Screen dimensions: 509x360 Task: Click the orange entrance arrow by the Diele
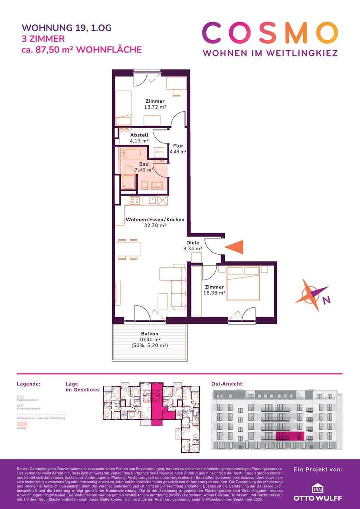click(234, 247)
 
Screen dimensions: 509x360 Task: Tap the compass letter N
click(326, 300)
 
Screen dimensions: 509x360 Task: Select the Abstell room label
click(139, 135)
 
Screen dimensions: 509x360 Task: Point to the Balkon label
click(150, 334)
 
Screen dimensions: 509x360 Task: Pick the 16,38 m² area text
click(215, 293)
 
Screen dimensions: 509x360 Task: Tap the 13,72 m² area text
click(156, 107)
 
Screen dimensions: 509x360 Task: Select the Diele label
click(193, 243)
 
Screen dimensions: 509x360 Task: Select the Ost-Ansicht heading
click(228, 384)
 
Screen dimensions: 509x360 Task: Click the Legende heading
click(28, 384)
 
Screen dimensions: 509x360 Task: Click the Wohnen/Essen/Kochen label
click(155, 220)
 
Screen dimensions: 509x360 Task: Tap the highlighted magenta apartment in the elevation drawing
click(289, 436)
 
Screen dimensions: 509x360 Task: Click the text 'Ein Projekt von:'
click(318, 470)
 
